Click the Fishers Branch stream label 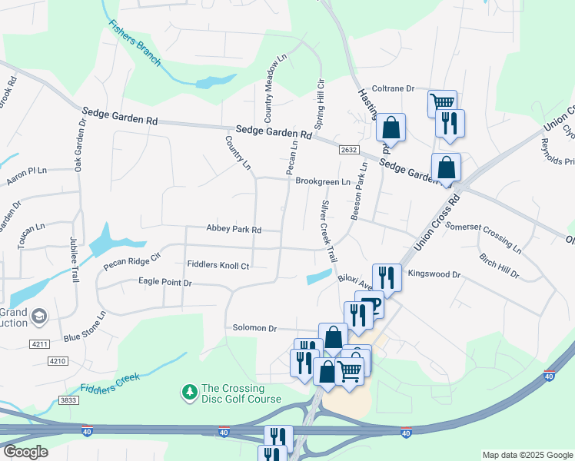(135, 43)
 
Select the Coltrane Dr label (393, 88)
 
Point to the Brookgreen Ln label (322, 182)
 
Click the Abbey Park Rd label (234, 229)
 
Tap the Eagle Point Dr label (165, 283)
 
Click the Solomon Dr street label (254, 328)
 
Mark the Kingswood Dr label (434, 274)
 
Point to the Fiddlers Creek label (108, 380)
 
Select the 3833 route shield (68, 400)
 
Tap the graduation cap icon (38, 316)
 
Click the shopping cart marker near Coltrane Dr (442, 102)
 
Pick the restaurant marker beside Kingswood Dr (387, 277)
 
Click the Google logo (25, 452)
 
